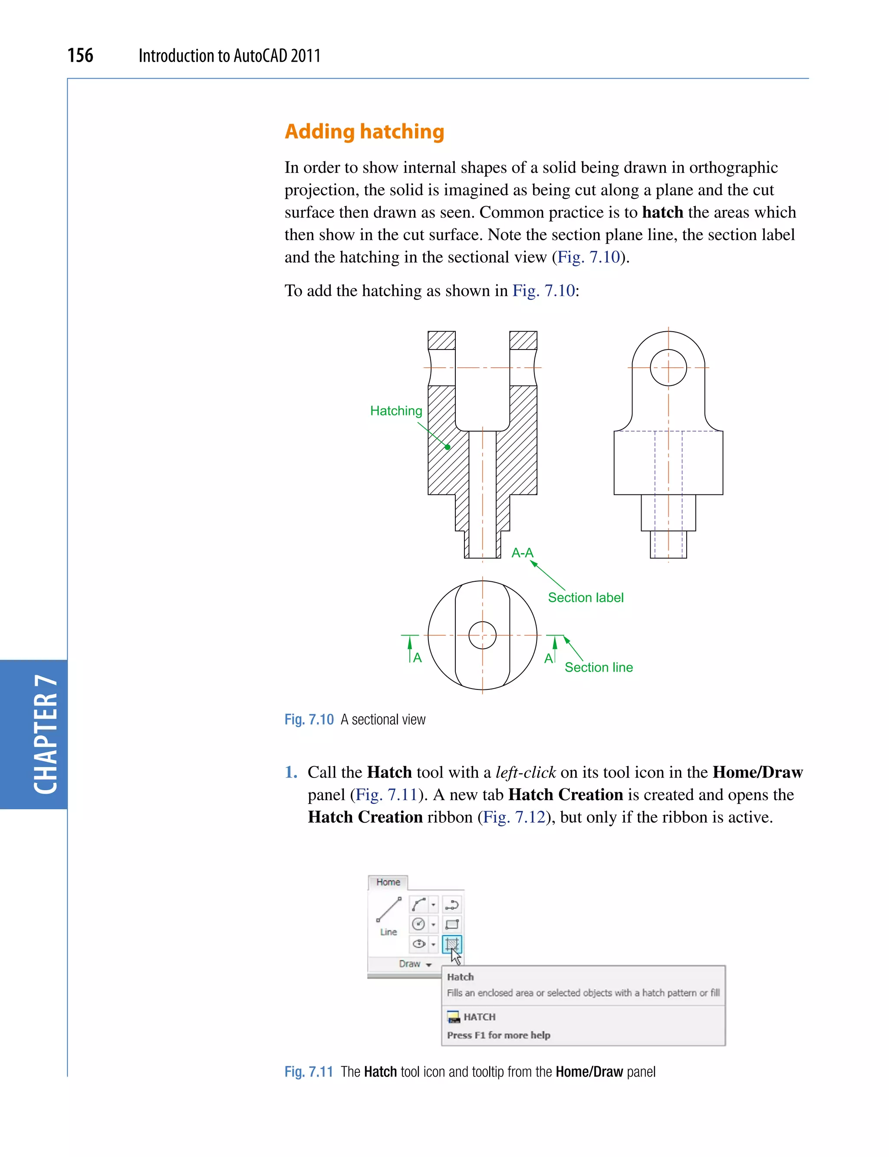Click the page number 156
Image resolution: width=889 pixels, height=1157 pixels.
click(x=80, y=55)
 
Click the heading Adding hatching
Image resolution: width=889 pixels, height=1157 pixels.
click(x=364, y=131)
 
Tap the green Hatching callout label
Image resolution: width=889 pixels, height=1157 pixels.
click(x=396, y=411)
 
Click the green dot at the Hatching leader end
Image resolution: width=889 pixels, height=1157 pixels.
click(x=448, y=447)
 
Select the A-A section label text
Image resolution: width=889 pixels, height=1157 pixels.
click(x=522, y=553)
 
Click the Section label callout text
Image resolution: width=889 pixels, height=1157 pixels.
click(x=585, y=597)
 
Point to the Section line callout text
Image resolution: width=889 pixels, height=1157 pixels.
click(x=599, y=667)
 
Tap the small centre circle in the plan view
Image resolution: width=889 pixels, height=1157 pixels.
click(x=482, y=635)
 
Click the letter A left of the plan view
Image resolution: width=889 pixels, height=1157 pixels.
click(x=418, y=658)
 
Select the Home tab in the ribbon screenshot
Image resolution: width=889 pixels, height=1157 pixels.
click(x=388, y=882)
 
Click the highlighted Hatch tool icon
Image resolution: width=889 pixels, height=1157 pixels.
click(x=452, y=944)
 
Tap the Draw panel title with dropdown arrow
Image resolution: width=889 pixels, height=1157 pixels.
click(x=415, y=964)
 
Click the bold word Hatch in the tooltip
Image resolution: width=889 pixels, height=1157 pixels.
click(x=460, y=977)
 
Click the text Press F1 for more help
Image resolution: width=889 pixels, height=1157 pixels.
click(x=498, y=1035)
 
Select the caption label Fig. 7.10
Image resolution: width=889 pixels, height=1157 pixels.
click(x=309, y=720)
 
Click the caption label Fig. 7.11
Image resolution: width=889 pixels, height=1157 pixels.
click(x=309, y=1072)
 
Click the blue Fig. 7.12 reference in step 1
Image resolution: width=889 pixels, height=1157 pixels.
click(x=514, y=817)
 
